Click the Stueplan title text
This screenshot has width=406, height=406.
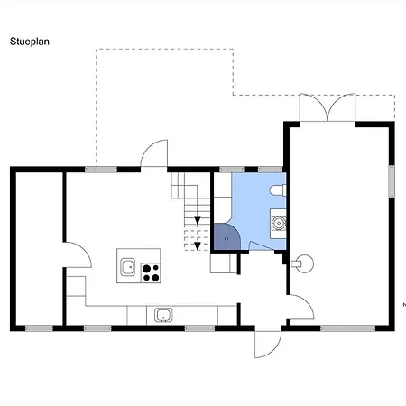click(30, 42)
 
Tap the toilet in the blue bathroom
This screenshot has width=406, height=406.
click(277, 190)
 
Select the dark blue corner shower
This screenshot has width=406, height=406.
click(226, 236)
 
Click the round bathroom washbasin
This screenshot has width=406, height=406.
click(279, 223)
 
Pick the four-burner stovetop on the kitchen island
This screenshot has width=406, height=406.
click(151, 272)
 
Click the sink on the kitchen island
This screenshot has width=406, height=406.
click(128, 267)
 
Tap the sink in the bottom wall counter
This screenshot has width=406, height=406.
click(163, 315)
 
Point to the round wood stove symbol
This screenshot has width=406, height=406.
click(302, 263)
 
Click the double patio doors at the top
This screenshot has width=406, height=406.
click(328, 107)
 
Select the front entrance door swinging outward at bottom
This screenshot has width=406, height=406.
click(268, 345)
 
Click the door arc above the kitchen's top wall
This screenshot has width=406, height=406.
click(154, 152)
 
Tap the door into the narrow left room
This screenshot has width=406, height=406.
click(77, 254)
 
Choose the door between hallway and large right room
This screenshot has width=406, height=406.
click(300, 307)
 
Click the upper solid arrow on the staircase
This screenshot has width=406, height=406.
click(198, 220)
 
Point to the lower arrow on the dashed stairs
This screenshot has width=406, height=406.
click(198, 246)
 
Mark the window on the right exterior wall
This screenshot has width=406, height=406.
click(392, 181)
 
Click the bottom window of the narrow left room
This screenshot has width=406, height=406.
click(39, 328)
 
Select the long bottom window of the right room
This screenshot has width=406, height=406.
click(347, 328)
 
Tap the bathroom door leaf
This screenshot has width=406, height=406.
click(261, 245)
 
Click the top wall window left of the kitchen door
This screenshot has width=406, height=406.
click(101, 170)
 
